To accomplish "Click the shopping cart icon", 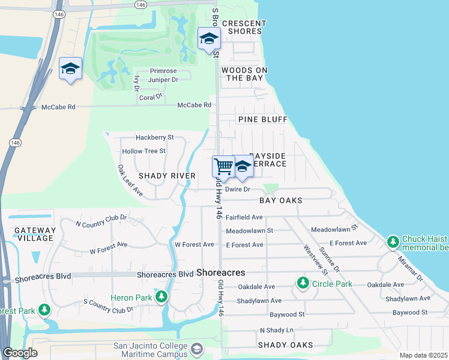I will (223, 166).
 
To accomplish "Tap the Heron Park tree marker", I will (161, 296).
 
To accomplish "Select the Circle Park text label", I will (330, 282).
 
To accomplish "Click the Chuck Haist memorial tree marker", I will (393, 242).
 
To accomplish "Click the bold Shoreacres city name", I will (221, 272).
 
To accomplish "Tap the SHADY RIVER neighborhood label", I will (167, 176).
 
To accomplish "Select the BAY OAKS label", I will (280, 200).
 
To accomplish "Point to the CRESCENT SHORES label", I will (243, 27).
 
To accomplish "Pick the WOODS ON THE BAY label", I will (244, 74).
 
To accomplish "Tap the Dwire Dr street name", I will (237, 189).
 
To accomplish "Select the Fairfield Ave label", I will (244, 217).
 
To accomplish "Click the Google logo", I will (20, 353).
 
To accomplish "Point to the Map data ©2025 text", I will (423, 355).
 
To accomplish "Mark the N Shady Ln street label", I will (276, 331).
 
